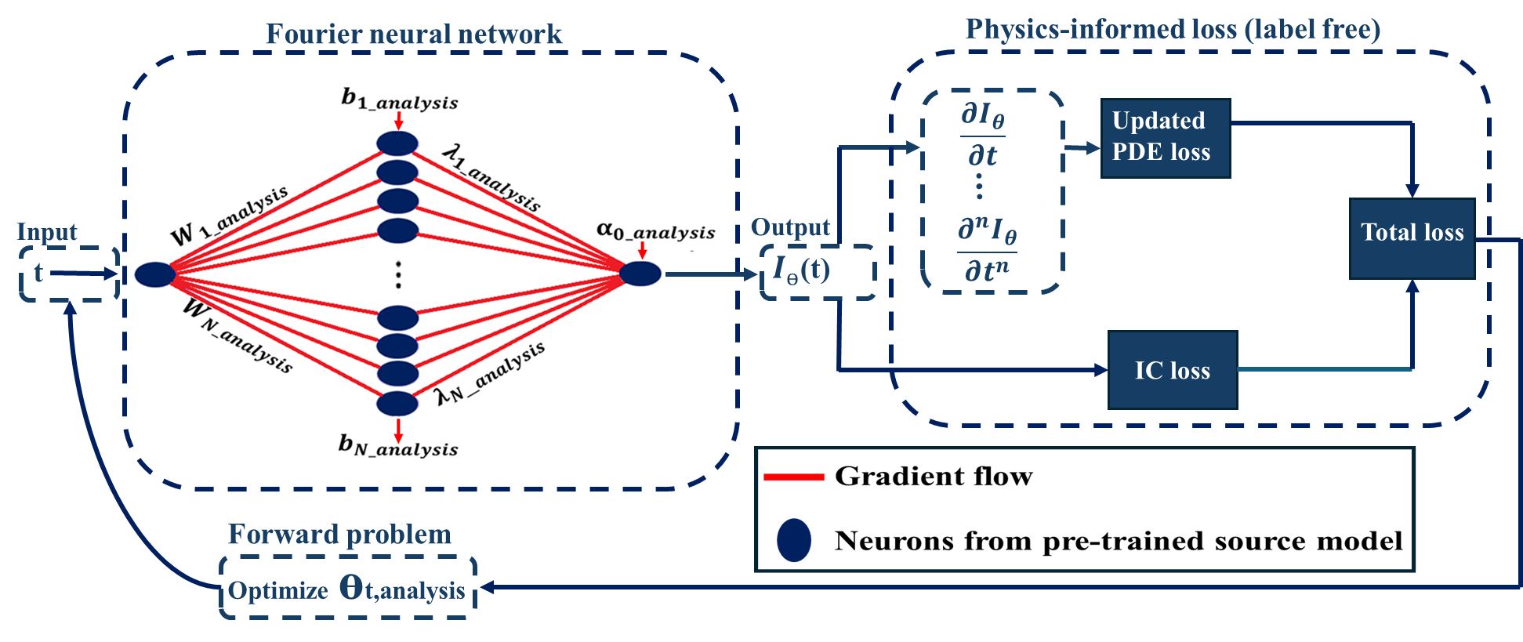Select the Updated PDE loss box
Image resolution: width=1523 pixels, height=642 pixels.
coord(1165,138)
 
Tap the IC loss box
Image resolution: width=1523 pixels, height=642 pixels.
coord(1172,370)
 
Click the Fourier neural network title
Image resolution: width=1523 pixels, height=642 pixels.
coord(413,34)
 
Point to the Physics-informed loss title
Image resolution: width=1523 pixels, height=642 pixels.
coord(1172,30)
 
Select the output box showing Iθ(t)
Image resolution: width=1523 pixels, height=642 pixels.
coord(817,271)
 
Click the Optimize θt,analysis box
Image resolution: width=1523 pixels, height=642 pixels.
coord(347,589)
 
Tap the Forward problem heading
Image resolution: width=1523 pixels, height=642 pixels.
coord(339,535)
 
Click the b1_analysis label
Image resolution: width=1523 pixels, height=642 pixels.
coord(400,100)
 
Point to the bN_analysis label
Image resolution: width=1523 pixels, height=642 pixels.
coord(398,445)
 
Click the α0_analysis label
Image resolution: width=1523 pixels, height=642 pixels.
coord(655,230)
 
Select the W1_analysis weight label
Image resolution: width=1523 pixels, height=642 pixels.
coord(229,216)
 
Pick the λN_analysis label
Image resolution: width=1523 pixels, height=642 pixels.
coord(491,374)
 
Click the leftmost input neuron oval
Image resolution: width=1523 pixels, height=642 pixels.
coord(154,274)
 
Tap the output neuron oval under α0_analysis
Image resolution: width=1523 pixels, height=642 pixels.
coord(640,274)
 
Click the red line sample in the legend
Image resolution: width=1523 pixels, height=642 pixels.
coord(793,477)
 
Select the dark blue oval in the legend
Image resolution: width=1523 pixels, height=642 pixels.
coord(793,540)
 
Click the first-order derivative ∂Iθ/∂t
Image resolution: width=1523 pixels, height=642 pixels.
coord(983,135)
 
